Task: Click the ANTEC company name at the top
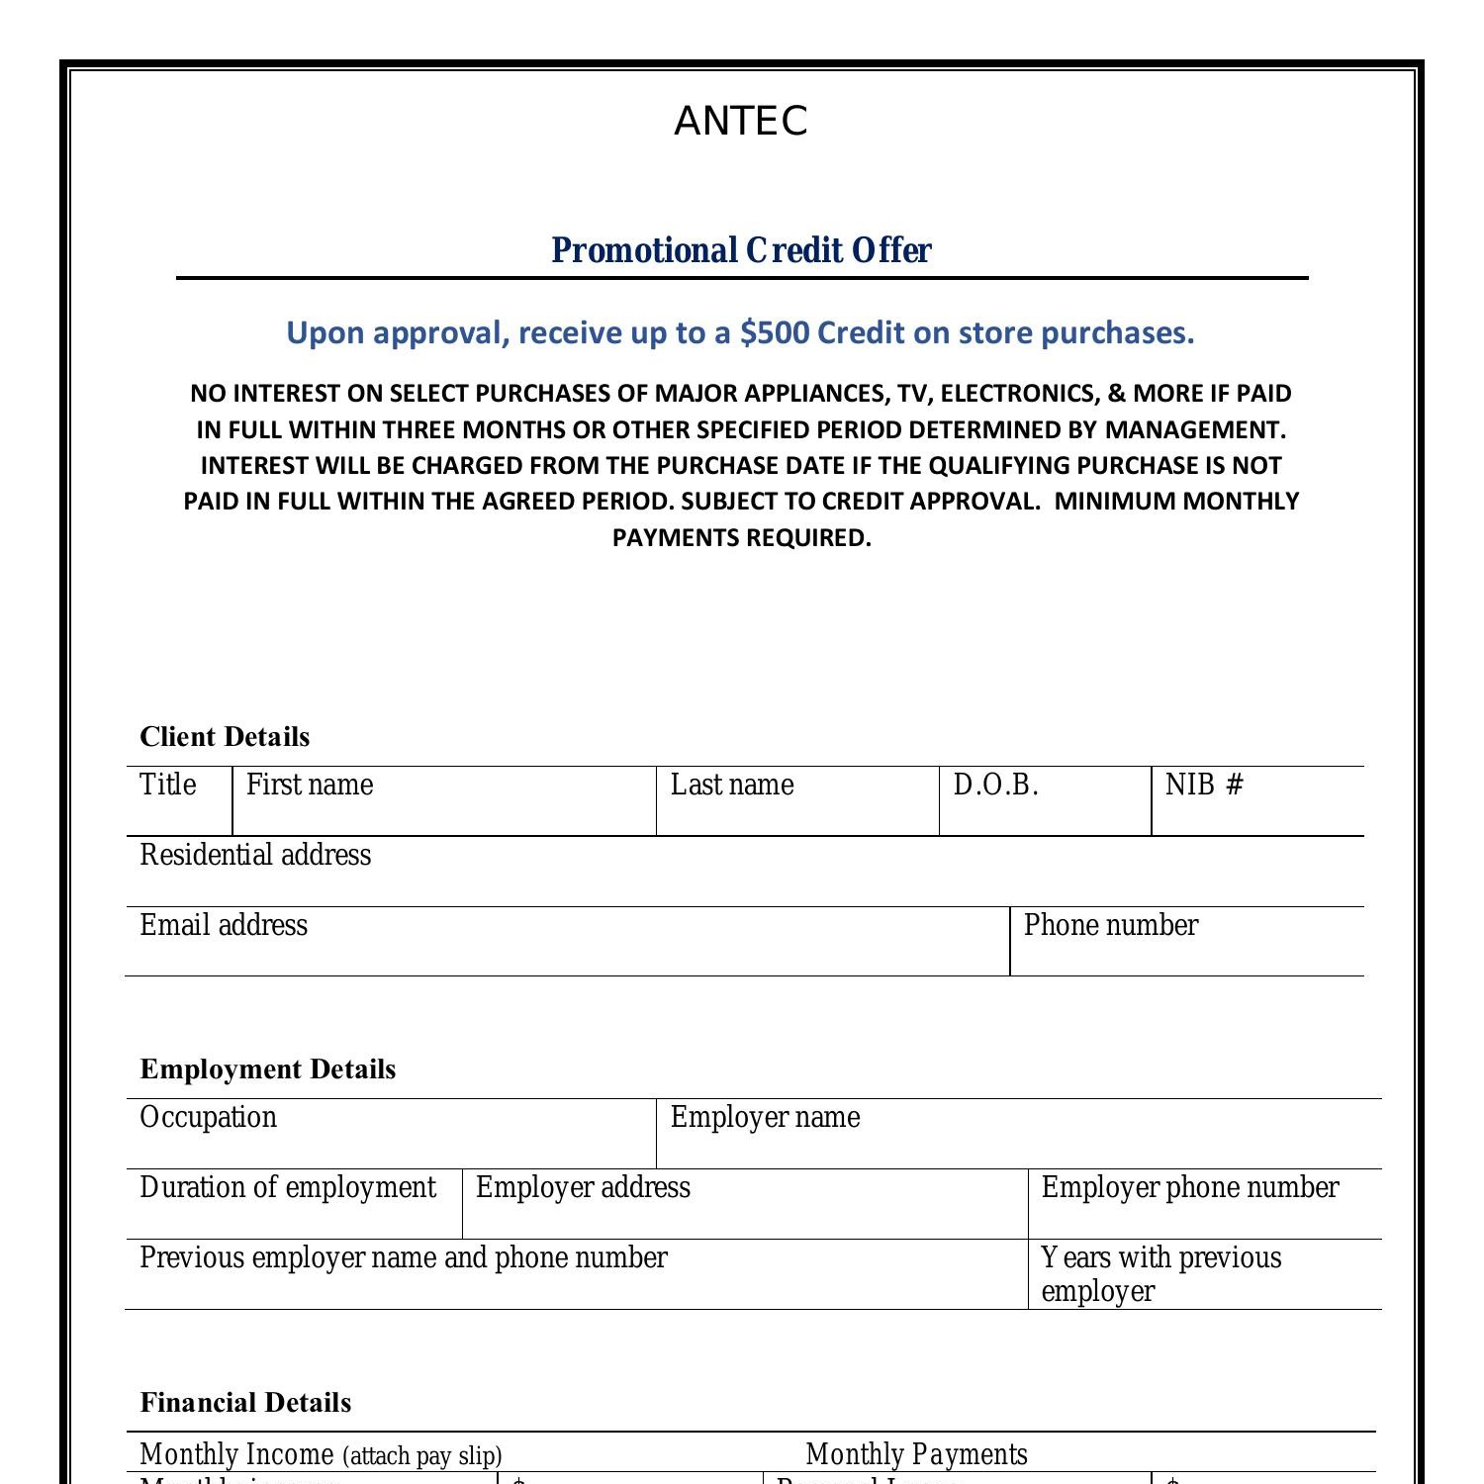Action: [741, 122]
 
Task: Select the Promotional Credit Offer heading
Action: [741, 250]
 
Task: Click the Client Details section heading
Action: [225, 737]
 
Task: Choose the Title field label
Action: [168, 785]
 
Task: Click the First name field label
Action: [310, 786]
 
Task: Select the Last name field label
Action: [732, 786]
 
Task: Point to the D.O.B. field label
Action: [995, 786]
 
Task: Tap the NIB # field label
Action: [1204, 786]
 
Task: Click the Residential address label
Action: [255, 856]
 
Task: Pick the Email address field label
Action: [224, 926]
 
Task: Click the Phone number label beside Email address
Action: [1111, 926]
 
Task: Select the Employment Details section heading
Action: [268, 1069]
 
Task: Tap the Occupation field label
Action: [209, 1118]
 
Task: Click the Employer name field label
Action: [765, 1118]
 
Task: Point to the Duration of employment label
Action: [288, 1188]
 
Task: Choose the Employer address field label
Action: [583, 1188]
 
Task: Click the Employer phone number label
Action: [1190, 1188]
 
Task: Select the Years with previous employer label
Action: [1160, 1274]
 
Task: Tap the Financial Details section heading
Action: [245, 1403]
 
